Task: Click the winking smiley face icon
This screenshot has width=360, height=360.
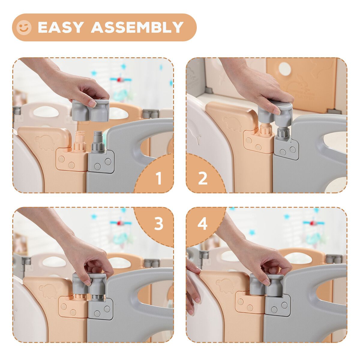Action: (x=24, y=28)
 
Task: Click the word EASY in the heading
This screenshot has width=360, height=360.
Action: (x=61, y=28)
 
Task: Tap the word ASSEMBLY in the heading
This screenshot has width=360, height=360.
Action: (x=137, y=28)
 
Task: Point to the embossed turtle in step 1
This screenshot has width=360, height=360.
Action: (x=45, y=142)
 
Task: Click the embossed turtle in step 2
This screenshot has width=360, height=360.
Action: (x=232, y=124)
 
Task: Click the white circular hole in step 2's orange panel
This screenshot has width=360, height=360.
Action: (x=284, y=69)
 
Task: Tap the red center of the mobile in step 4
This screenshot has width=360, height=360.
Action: (x=312, y=223)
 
